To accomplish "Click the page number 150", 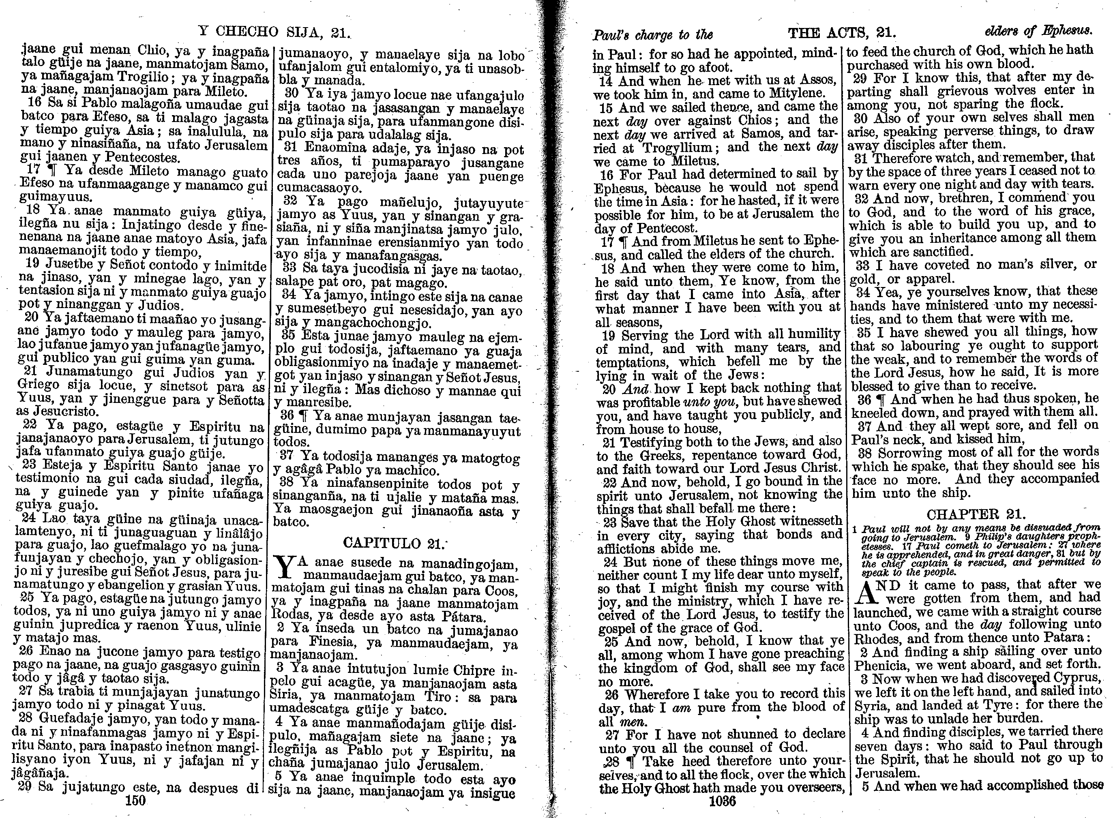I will tap(136, 800).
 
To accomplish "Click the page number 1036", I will tap(723, 801).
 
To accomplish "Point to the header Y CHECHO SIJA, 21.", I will tap(274, 31).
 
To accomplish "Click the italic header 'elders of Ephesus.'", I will tap(1037, 31).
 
